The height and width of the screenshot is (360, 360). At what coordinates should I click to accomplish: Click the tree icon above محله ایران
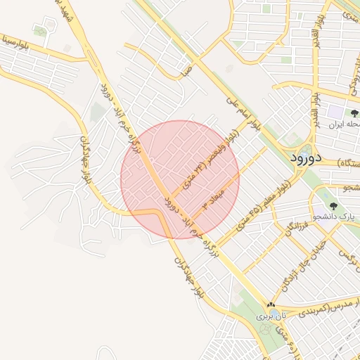tap(354, 112)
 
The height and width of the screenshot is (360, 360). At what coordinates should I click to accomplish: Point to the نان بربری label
tap(268, 317)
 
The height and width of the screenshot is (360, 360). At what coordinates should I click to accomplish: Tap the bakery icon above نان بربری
tap(271, 305)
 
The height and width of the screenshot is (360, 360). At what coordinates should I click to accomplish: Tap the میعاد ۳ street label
tap(212, 198)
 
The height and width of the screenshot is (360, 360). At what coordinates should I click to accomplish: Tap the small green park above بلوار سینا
tap(41, 30)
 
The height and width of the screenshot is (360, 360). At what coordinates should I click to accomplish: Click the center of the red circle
tap(180, 179)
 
